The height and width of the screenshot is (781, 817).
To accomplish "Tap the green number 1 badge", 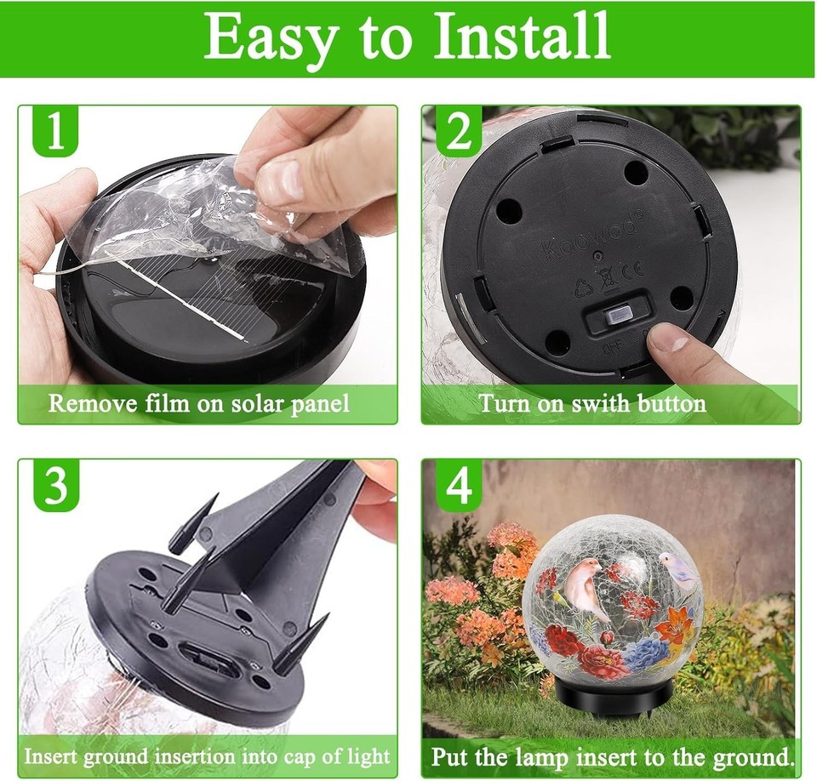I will click(x=55, y=132).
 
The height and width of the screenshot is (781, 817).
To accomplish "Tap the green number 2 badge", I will click(x=459, y=132).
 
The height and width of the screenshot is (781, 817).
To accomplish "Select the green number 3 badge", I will click(x=55, y=486).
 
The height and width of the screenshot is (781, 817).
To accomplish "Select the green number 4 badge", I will click(x=459, y=486).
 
